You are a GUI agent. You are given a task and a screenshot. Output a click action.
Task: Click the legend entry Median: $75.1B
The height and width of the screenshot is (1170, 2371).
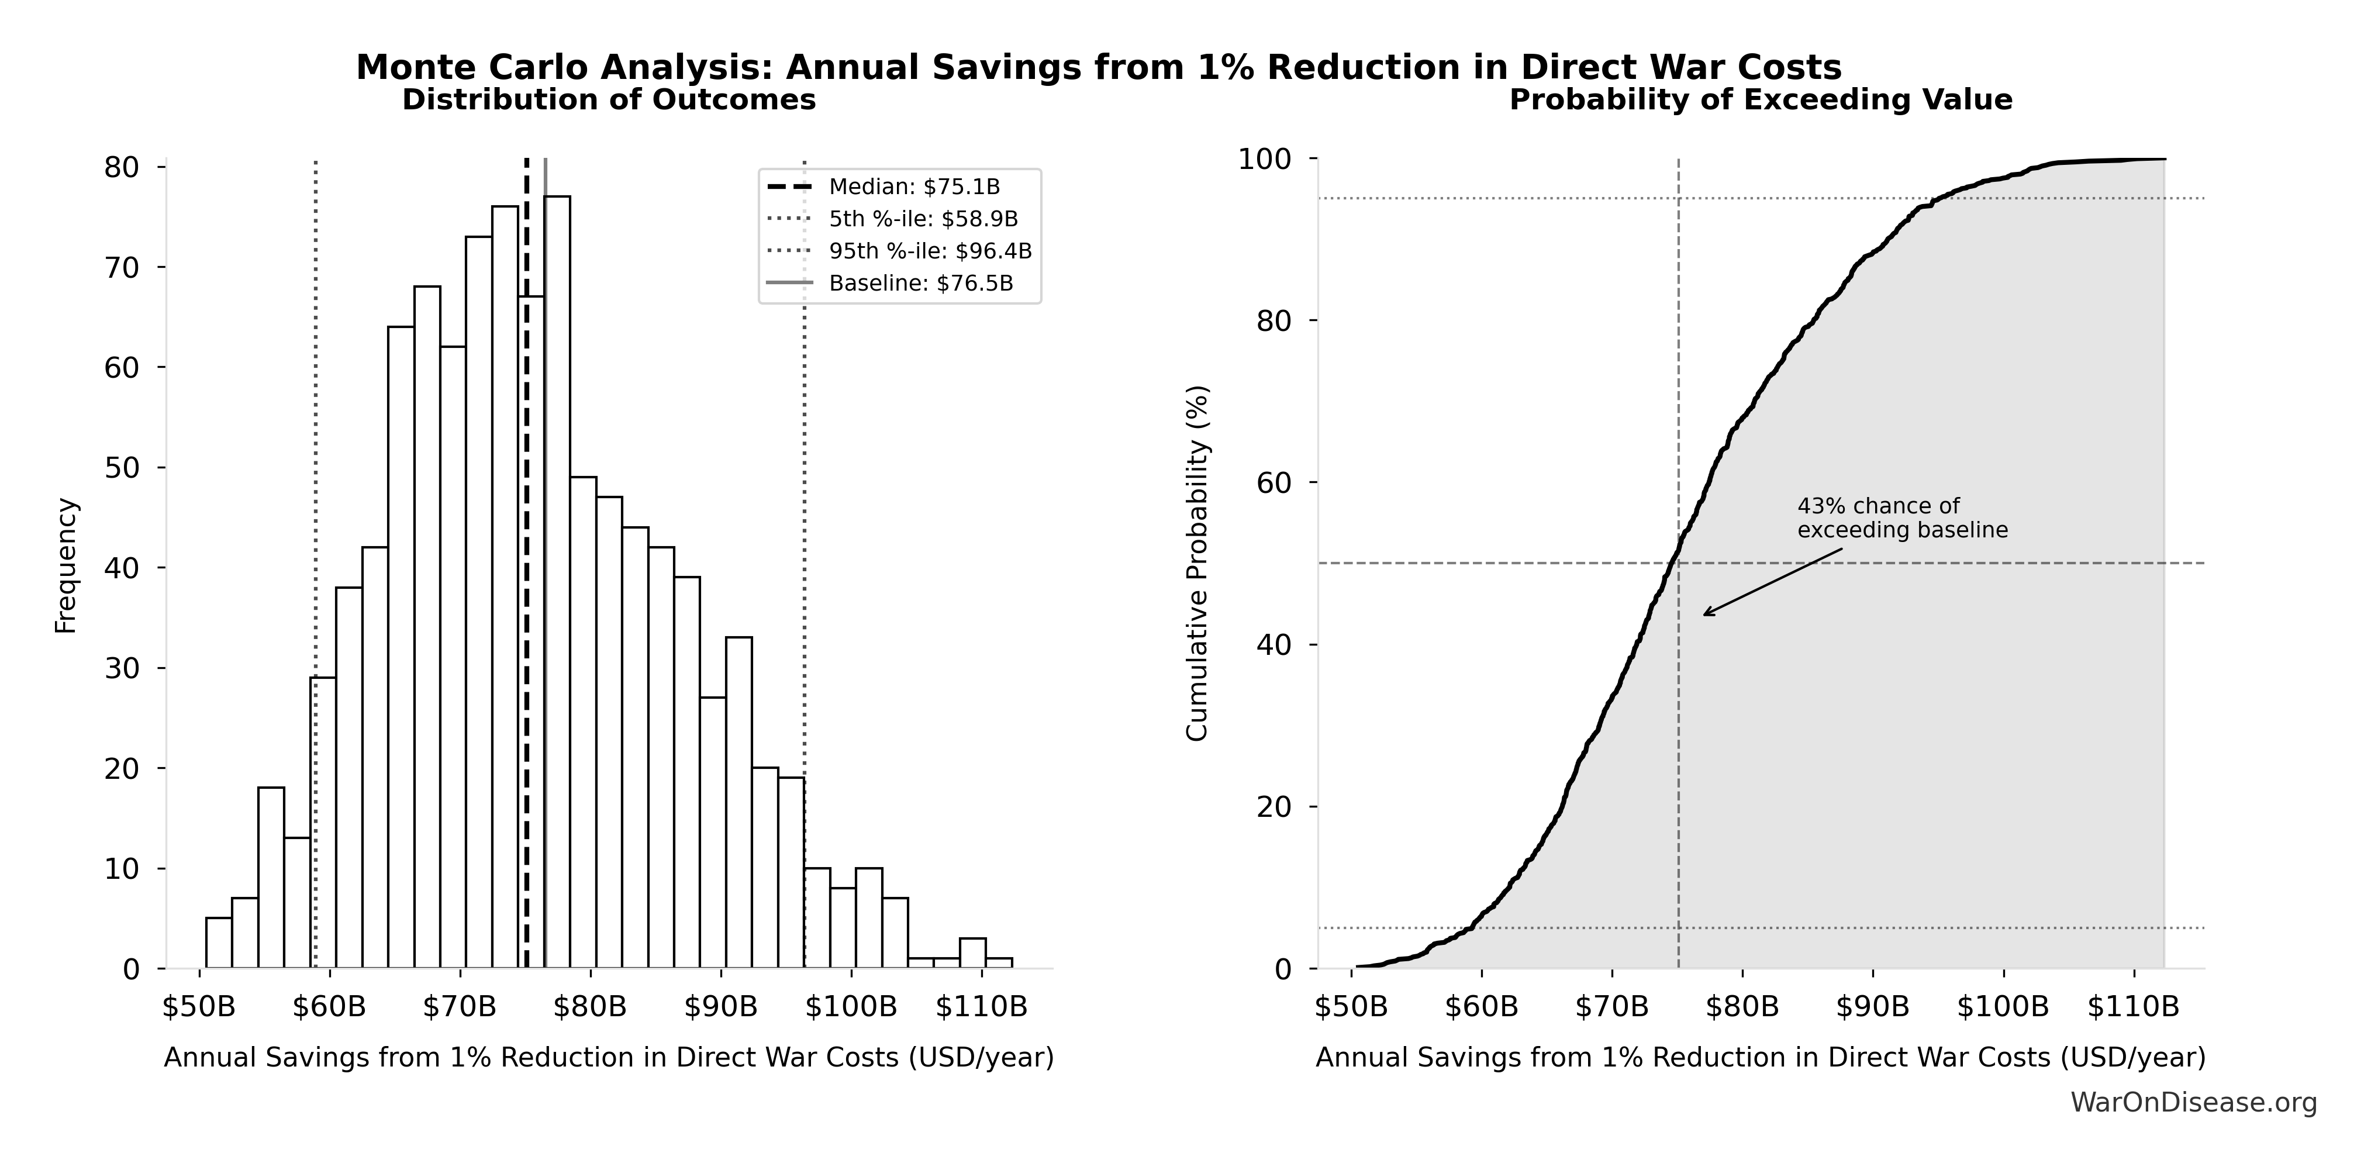pos(913,187)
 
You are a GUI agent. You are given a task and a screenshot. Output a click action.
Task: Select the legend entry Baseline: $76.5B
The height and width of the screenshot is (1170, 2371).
pos(920,284)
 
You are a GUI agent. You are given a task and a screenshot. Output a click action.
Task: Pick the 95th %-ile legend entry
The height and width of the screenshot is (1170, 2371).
pos(930,251)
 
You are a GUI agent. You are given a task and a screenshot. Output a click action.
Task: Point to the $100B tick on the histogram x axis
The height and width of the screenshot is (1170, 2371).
pos(851,1007)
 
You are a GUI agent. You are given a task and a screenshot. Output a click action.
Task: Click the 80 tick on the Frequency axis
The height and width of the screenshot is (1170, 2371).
pos(122,168)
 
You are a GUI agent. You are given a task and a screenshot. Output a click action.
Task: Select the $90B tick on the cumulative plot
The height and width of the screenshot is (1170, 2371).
pos(1872,1007)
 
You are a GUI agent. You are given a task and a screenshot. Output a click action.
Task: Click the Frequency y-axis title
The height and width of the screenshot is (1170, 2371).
pos(66,565)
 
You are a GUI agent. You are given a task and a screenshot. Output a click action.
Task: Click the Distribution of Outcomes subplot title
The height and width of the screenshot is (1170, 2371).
pos(609,99)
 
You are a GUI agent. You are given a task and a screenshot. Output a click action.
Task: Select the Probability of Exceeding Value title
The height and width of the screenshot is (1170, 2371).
pos(1760,99)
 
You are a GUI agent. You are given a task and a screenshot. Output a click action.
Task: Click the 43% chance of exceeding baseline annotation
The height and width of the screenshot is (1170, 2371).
pos(1901,518)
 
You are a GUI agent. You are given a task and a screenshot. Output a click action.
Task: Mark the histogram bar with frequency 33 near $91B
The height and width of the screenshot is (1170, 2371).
pos(738,803)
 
